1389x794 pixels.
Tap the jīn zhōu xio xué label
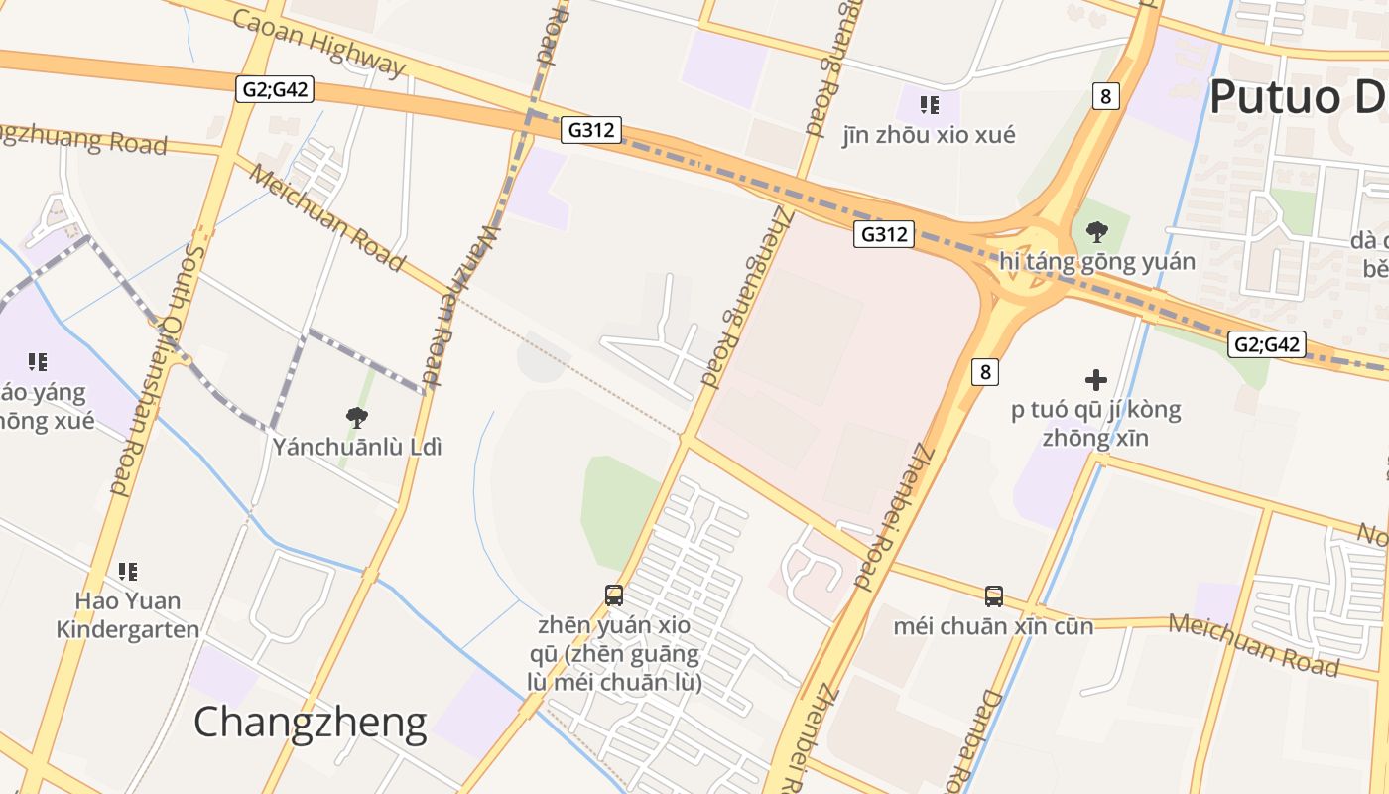[x=929, y=135]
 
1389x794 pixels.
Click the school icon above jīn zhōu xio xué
[x=929, y=104]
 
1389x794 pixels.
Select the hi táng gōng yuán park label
[x=1096, y=262]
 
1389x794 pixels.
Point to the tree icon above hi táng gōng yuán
[x=1096, y=232]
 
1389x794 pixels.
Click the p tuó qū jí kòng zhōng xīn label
[x=1096, y=423]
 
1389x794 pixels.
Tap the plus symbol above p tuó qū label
[x=1096, y=379]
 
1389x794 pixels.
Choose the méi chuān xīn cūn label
[x=993, y=626]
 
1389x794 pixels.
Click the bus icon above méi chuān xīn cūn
[x=993, y=595]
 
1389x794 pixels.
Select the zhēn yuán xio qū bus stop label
[x=614, y=654]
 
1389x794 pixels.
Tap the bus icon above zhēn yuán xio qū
[x=614, y=595]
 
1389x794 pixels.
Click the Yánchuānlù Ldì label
[x=357, y=447]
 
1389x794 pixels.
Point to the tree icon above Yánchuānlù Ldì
[x=357, y=417]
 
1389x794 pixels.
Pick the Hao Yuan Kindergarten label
[x=128, y=615]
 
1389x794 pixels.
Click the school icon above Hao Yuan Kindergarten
[x=128, y=571]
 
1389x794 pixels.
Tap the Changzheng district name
[x=310, y=723]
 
